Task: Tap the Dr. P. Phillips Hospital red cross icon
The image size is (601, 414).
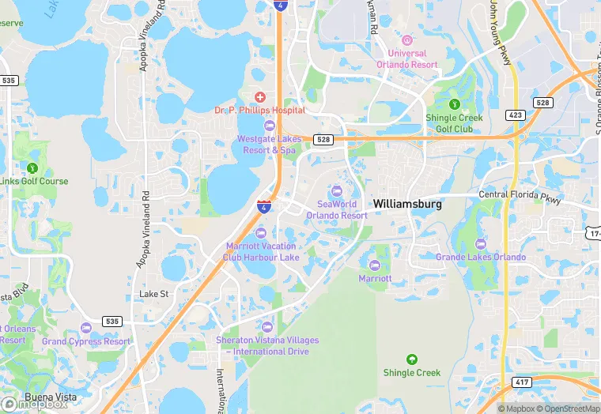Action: point(260,96)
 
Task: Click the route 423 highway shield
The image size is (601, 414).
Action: point(516,115)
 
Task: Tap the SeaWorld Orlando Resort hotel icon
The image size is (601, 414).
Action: point(337,190)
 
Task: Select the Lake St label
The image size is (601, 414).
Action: point(154,294)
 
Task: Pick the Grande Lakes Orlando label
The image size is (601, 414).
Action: point(480,257)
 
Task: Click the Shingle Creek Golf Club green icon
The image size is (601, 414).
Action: point(454,103)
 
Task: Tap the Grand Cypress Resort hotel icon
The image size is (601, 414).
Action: point(86,328)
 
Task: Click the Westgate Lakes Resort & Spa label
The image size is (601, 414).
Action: point(266,144)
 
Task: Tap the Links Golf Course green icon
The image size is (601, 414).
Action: point(32,167)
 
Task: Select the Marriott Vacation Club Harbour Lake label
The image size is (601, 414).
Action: point(263,251)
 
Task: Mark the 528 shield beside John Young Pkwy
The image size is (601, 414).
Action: point(542,103)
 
